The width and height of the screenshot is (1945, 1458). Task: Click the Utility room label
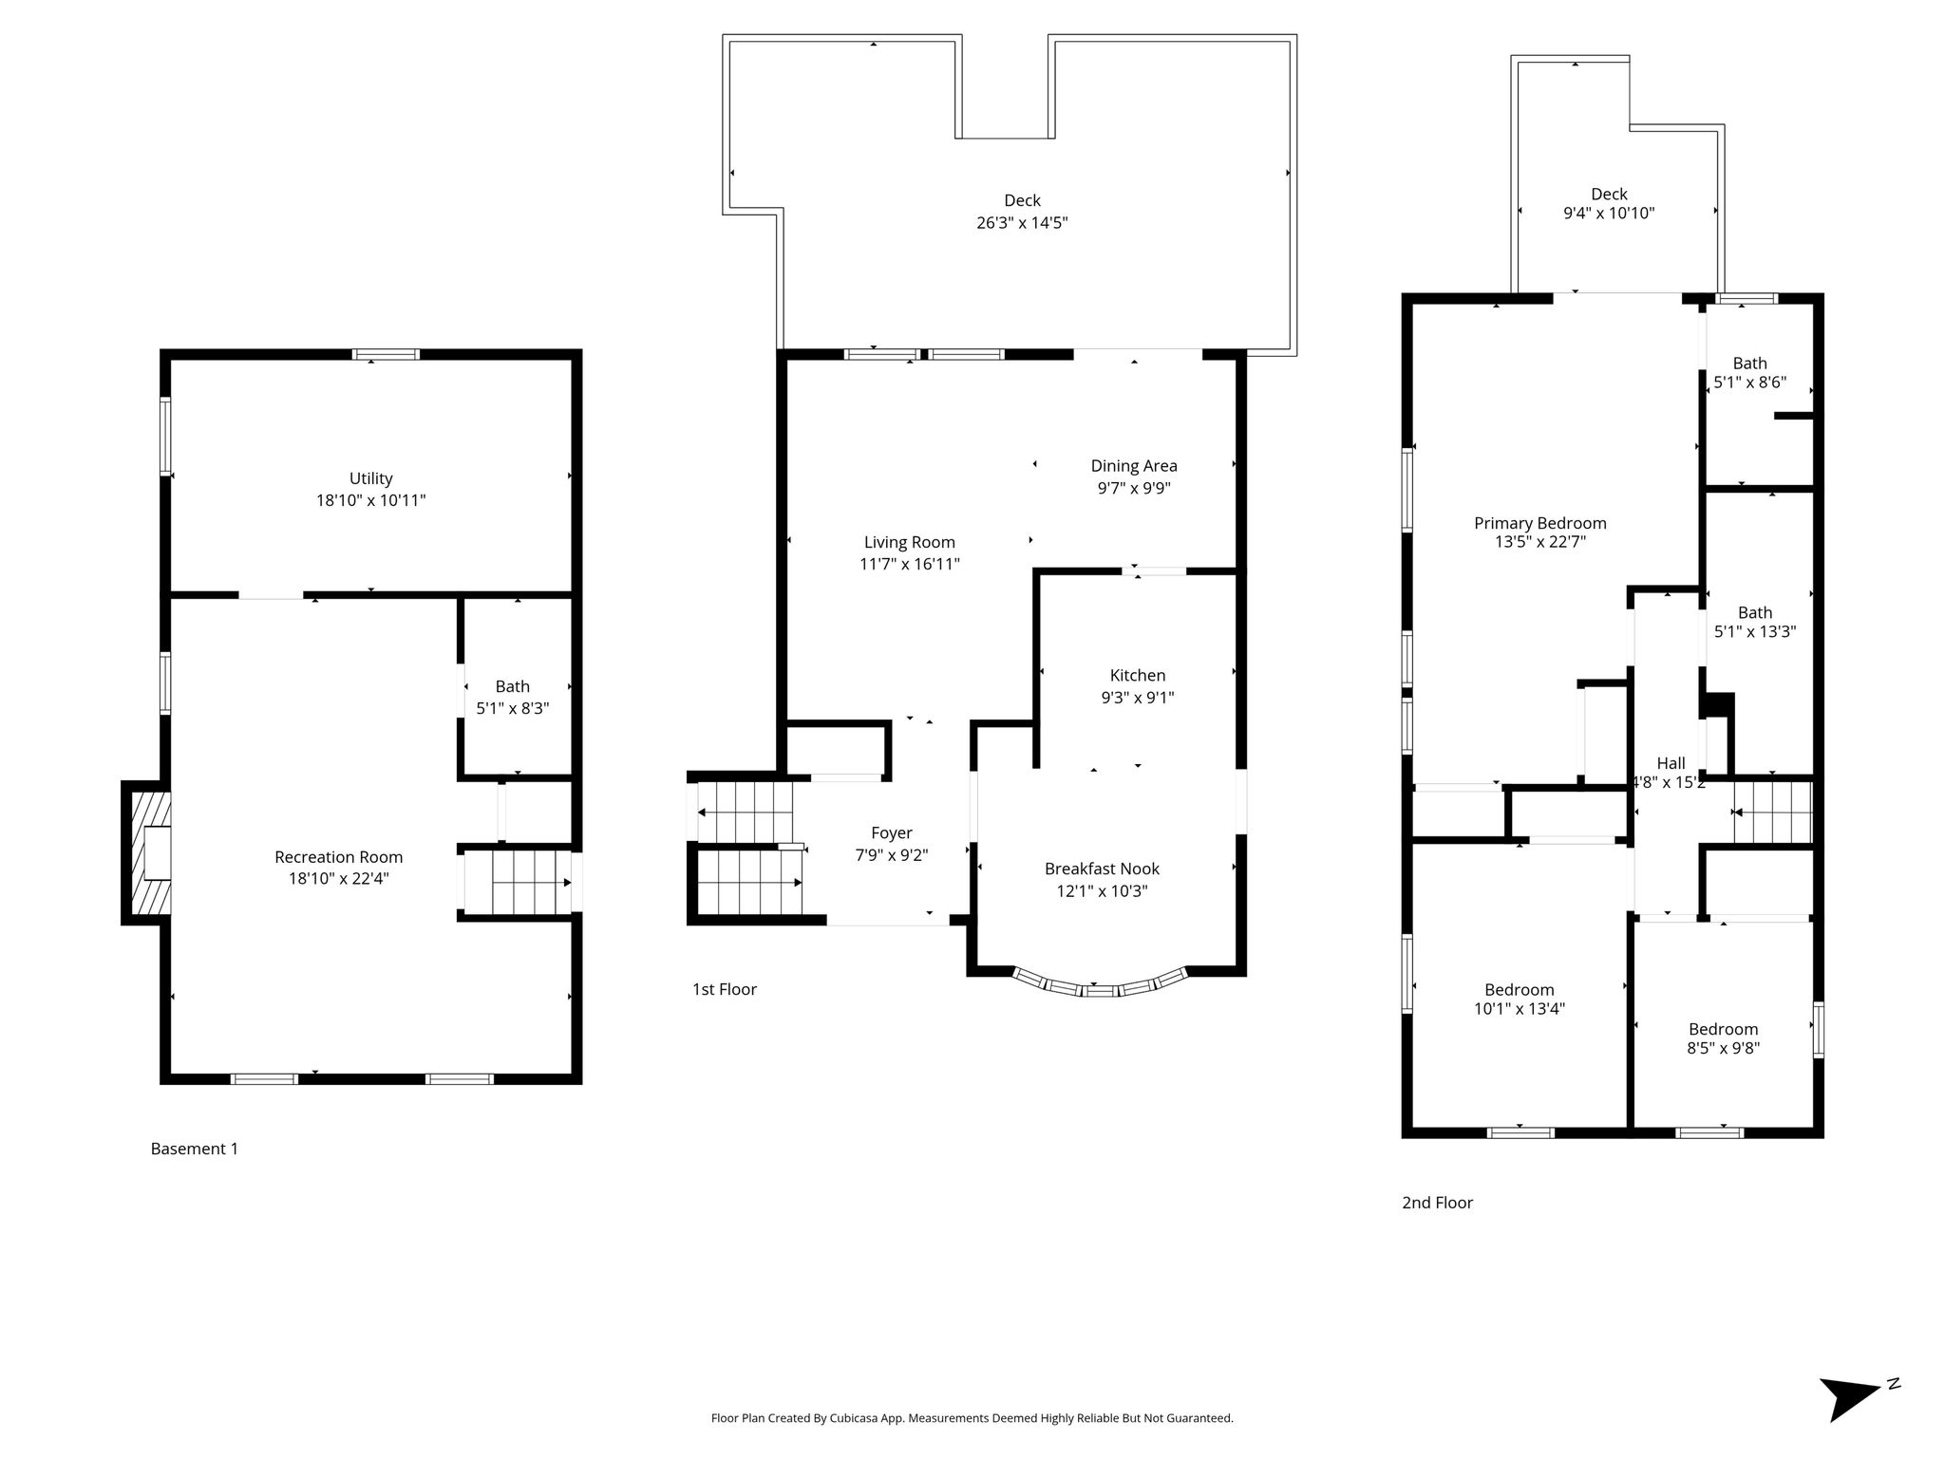[x=370, y=478]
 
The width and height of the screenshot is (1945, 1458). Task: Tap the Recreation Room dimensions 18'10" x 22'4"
[x=339, y=879]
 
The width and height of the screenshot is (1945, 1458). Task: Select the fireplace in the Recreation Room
[x=147, y=852]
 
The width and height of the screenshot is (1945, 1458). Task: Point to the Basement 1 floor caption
[x=195, y=1149]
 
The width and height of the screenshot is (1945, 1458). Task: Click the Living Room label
[x=910, y=542]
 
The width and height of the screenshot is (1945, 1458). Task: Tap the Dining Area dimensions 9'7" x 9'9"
[x=1134, y=488]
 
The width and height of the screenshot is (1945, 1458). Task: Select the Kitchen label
[x=1138, y=675]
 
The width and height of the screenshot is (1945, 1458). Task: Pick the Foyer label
[x=892, y=832]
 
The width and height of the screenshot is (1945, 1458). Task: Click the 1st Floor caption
[x=725, y=989]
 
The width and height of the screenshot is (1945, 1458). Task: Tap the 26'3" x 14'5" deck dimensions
[x=1023, y=223]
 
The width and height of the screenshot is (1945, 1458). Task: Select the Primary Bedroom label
[x=1540, y=523]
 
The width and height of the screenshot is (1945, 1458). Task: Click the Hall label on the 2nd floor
[x=1671, y=763]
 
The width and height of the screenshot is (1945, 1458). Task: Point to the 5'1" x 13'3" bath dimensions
[x=1755, y=631]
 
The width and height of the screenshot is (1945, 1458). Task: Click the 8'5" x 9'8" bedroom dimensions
[x=1724, y=1048]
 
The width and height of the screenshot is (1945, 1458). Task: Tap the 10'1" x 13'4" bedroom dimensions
[x=1520, y=1009]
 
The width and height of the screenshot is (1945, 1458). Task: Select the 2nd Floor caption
[x=1438, y=1203]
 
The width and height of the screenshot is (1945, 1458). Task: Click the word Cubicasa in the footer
[x=851, y=1418]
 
